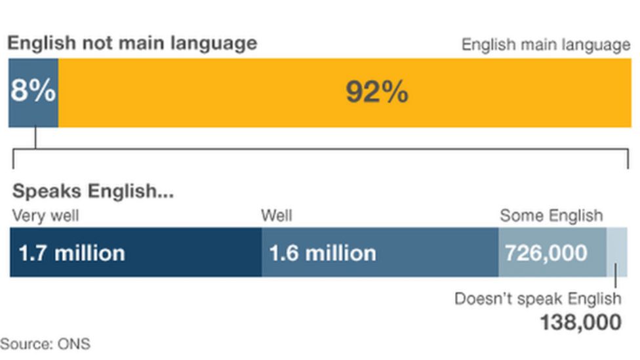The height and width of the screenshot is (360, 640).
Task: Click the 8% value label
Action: pyautogui.click(x=33, y=92)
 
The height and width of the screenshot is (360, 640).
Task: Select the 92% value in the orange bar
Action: pyautogui.click(x=377, y=92)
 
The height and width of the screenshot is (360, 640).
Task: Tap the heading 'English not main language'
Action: pyautogui.click(x=132, y=43)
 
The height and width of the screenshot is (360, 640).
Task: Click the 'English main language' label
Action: pyautogui.click(x=546, y=45)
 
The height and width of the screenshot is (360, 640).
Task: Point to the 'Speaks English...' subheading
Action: pyautogui.click(x=93, y=191)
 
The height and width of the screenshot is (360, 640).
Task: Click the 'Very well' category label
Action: pyautogui.click(x=45, y=216)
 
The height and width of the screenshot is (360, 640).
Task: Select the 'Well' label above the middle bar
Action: pyautogui.click(x=277, y=216)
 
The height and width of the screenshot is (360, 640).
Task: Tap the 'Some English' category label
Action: pyautogui.click(x=551, y=216)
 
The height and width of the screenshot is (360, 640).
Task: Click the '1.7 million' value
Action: pyautogui.click(x=71, y=253)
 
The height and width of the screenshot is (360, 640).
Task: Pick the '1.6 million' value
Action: pyautogui.click(x=323, y=253)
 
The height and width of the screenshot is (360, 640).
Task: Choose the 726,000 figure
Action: pyautogui.click(x=546, y=253)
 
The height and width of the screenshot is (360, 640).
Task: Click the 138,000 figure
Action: pyautogui.click(x=580, y=323)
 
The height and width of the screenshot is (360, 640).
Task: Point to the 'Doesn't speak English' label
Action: pyautogui.click(x=538, y=299)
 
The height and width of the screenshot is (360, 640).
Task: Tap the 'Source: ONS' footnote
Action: pyautogui.click(x=45, y=344)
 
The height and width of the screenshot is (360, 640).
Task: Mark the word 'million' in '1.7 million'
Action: pyautogui.click(x=89, y=253)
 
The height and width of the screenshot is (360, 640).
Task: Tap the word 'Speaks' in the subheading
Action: pyautogui.click(x=47, y=191)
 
